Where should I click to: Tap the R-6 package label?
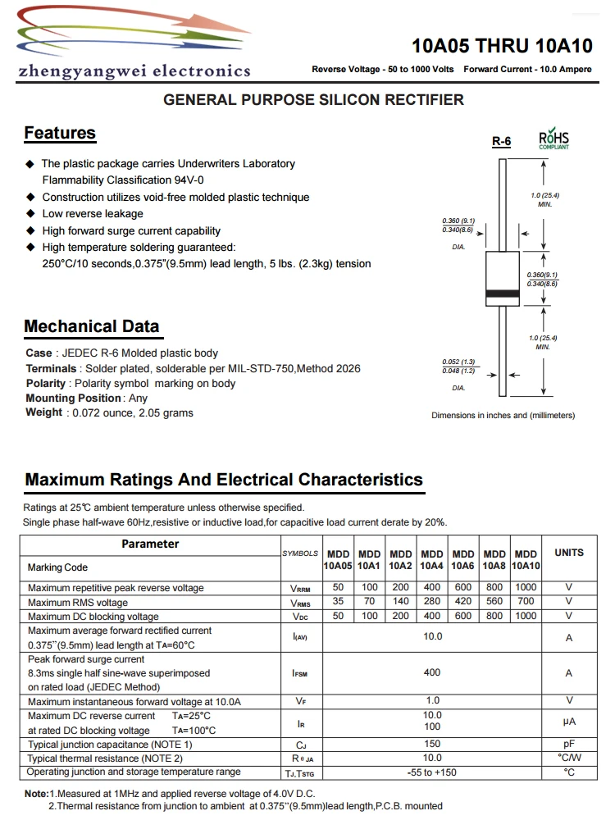(x=501, y=142)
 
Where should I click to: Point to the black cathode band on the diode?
(x=502, y=294)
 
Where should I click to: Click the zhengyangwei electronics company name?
(x=134, y=71)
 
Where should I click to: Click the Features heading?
(x=60, y=133)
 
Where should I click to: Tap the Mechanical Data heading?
(x=92, y=326)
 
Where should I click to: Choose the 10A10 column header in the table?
(x=526, y=566)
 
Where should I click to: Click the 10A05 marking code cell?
(x=338, y=566)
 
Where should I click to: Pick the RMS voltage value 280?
(x=432, y=602)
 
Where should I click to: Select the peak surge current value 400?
(x=432, y=672)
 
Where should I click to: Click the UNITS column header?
(x=569, y=553)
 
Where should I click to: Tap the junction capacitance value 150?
(x=432, y=745)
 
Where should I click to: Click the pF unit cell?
(x=569, y=745)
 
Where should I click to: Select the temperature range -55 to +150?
(x=432, y=772)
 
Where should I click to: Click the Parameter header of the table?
(x=150, y=544)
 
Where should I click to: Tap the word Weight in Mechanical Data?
(x=43, y=412)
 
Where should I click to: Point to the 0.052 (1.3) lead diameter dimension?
(x=458, y=362)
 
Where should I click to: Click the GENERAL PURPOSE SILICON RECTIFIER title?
(x=314, y=100)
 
